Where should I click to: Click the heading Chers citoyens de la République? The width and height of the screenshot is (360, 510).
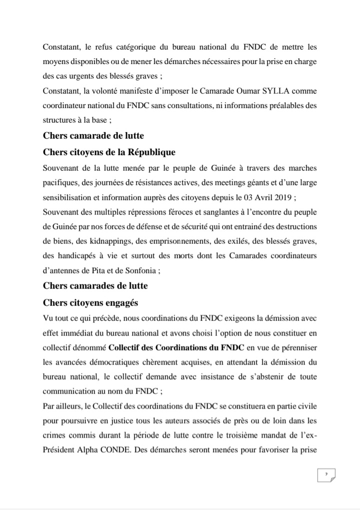point(109,152)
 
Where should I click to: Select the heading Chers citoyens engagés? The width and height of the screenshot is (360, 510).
point(90,302)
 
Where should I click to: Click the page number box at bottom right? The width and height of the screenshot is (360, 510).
point(326,474)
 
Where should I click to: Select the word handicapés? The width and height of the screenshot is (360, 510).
point(76,256)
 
